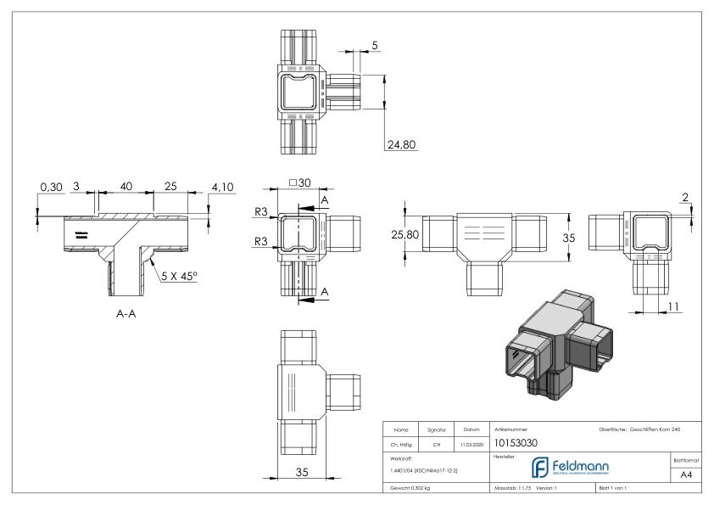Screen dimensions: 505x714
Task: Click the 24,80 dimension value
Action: click(x=402, y=145)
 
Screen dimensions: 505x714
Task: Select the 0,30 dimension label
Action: click(x=51, y=187)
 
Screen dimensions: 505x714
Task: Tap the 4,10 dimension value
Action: click(x=198, y=187)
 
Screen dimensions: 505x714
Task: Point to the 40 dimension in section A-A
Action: click(x=126, y=187)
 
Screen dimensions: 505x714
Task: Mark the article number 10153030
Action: click(x=514, y=443)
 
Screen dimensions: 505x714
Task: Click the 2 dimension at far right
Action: click(x=684, y=198)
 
